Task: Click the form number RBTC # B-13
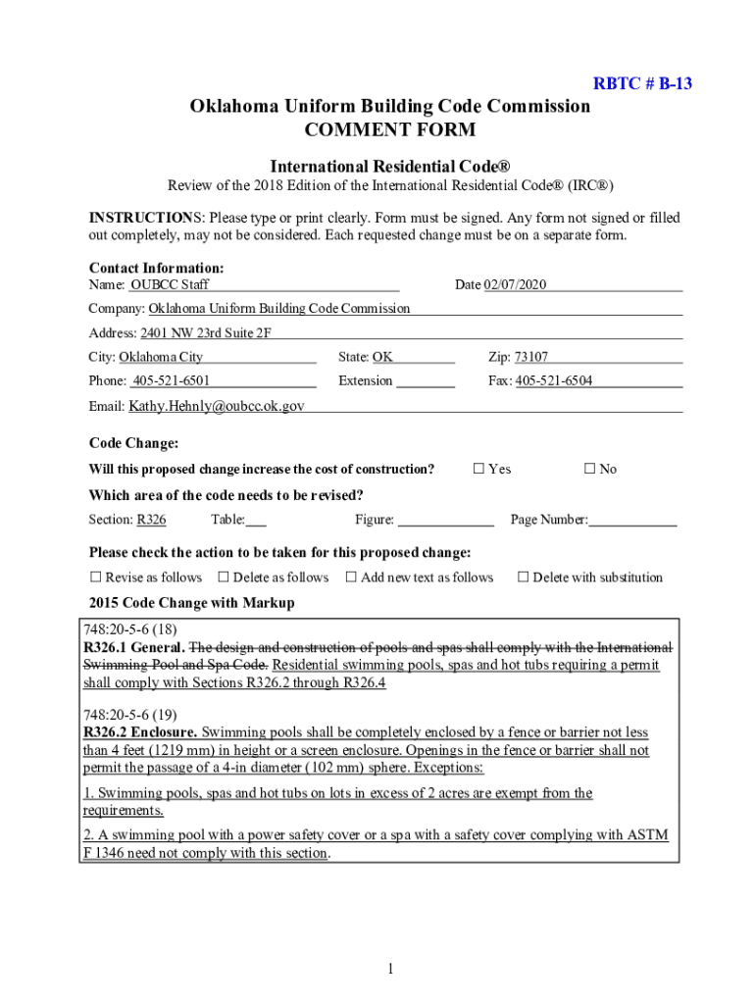coord(642,83)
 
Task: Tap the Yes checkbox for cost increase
coord(479,469)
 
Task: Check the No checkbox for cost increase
coord(590,469)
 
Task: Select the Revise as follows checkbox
coord(96,577)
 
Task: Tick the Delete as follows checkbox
coord(224,577)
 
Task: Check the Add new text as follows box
coord(351,577)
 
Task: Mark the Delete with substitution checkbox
coord(523,577)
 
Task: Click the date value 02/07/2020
coord(515,284)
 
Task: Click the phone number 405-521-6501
coord(172,380)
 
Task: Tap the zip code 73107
coord(531,357)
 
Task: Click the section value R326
coord(151,520)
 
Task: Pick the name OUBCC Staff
coord(170,284)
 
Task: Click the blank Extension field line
coord(426,383)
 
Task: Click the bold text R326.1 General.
coord(134,648)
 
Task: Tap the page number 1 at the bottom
coord(389,970)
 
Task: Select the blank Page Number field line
coord(632,523)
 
